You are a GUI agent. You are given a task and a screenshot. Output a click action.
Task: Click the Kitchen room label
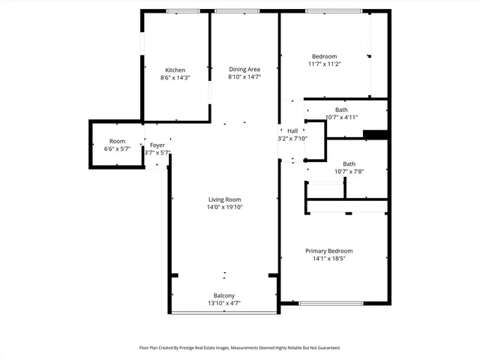pos(175,70)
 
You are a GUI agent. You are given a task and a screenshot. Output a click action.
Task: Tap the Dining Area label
pos(244,70)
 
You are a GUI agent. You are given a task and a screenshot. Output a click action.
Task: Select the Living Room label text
pos(225,199)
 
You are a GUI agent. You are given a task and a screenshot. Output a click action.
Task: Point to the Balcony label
pos(224,295)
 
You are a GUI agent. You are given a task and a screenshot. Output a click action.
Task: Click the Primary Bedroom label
pos(328,251)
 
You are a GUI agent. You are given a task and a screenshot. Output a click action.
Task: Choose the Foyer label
pos(157,145)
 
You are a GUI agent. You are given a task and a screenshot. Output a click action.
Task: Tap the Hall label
pos(292,131)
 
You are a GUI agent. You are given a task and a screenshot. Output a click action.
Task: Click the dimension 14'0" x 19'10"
pos(225,208)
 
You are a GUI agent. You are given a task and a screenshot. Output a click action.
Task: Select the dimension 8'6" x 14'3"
pos(175,78)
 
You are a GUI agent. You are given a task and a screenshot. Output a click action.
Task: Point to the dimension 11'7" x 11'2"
pos(325,64)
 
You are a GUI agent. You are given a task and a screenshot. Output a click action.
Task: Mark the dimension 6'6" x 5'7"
pos(117,149)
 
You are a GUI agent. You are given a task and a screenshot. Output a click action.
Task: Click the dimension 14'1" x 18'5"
pos(328,259)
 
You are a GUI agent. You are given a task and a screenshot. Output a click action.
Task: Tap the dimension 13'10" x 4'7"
pos(224,303)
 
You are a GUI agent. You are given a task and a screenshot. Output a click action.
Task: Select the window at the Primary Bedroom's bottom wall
pos(331,303)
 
